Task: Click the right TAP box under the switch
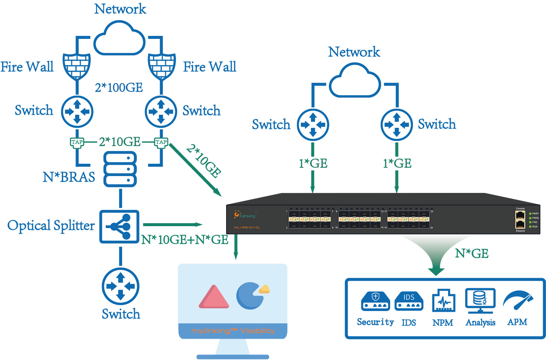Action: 161,142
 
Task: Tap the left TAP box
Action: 77,142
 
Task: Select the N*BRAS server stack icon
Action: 120,169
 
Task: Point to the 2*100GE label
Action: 119,87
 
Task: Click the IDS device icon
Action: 409,301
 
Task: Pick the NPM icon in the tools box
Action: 443,301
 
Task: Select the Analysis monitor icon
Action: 480,301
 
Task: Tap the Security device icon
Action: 376,301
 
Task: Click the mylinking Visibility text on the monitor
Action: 233,331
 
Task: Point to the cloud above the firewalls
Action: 119,39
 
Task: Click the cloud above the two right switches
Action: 355,81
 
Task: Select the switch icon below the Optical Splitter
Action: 120,286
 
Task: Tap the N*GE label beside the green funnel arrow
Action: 472,253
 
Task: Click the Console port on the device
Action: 520,215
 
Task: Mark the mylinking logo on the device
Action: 245,215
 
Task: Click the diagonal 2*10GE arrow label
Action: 204,161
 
